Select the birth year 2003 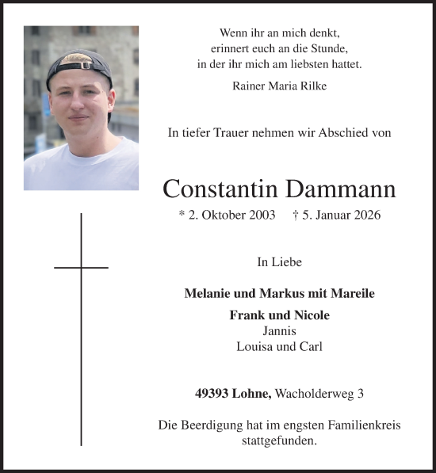pos(261,216)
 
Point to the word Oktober pos(218,216)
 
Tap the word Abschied pos(342,133)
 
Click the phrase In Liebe pos(279,261)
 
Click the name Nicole pos(312,315)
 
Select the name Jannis pos(279,330)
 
